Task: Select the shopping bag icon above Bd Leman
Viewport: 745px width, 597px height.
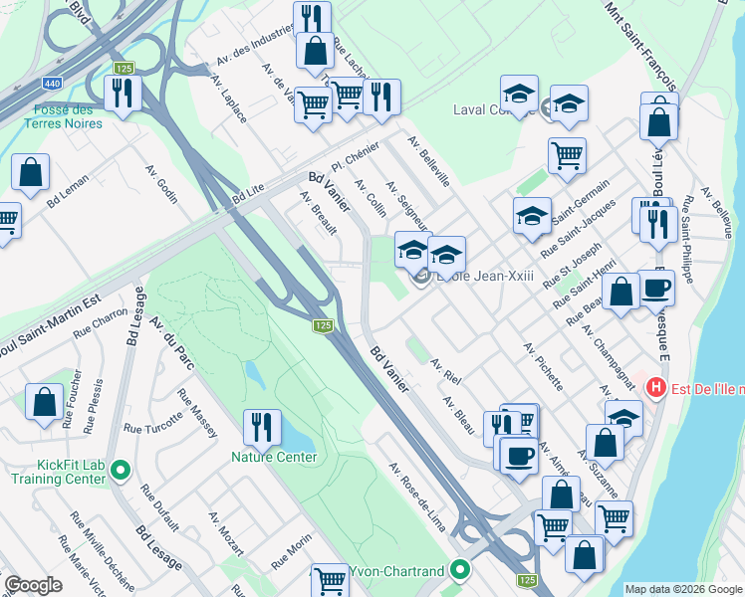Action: coord(31,172)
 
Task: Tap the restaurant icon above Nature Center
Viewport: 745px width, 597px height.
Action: coord(261,427)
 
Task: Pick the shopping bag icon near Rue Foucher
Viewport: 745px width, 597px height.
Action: coord(45,402)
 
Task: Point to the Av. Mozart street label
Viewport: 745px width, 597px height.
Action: coord(226,534)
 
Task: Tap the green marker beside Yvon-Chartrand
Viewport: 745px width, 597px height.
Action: coord(459,570)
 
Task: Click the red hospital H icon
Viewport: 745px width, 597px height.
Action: coord(656,386)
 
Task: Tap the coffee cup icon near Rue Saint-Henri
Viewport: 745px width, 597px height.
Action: coord(655,288)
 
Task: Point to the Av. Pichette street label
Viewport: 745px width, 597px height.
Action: coord(543,367)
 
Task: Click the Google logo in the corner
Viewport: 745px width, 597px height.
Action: coord(33,585)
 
